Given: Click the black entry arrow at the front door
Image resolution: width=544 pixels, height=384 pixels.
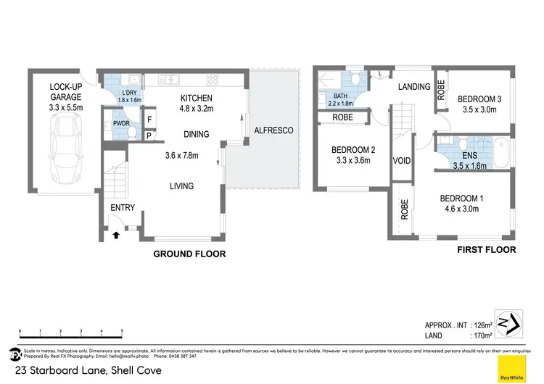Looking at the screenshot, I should [x=117, y=234].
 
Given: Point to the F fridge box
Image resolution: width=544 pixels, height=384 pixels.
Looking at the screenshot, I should [x=149, y=120].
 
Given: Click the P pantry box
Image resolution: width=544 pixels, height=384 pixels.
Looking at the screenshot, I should [x=149, y=135].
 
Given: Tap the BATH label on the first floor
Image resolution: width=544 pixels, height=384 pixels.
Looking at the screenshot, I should [x=341, y=96].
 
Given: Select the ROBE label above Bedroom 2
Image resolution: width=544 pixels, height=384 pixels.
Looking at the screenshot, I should [x=342, y=117].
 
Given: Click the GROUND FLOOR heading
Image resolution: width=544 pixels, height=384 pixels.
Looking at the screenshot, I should [x=189, y=254].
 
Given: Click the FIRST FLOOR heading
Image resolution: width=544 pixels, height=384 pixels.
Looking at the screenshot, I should [x=485, y=250].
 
